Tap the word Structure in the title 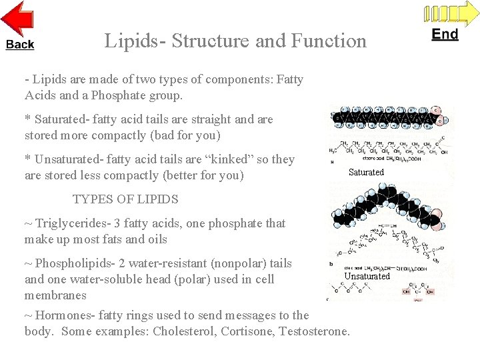tap(211, 41)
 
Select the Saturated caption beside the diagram tap(366, 172)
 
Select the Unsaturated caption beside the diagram tap(367, 276)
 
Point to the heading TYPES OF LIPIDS tap(125, 199)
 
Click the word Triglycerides tap(73, 223)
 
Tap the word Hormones tap(65, 315)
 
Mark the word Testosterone tap(314, 331)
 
